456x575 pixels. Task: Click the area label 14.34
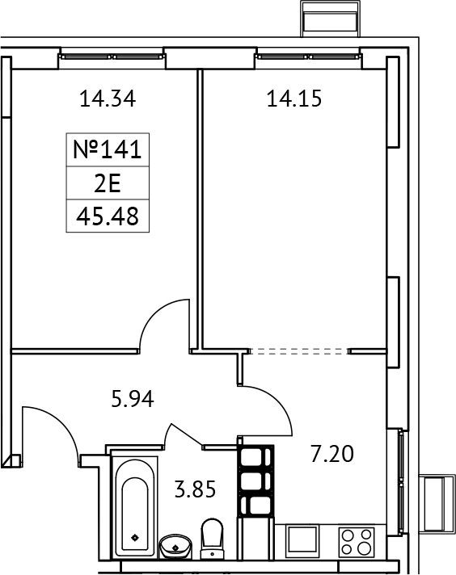(x=107, y=99)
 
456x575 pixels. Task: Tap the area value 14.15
(x=294, y=99)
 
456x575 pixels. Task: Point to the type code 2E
(x=107, y=183)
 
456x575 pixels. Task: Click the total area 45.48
(x=107, y=216)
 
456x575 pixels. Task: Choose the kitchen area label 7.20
(x=333, y=455)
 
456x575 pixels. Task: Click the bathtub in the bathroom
(x=133, y=505)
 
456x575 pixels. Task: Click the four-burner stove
(x=357, y=540)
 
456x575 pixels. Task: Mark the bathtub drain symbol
(x=133, y=536)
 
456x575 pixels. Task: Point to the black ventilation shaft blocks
(x=255, y=482)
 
